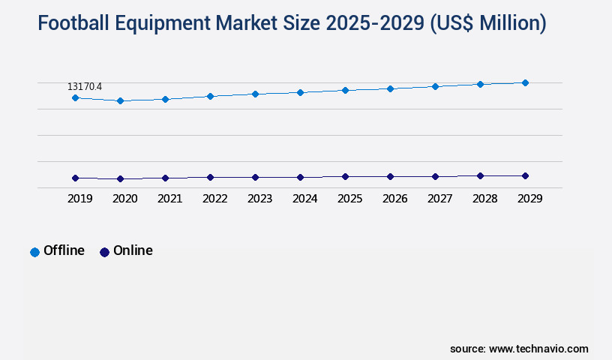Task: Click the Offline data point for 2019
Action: coord(75,97)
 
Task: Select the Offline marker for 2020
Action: coord(120,100)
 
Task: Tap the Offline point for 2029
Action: coord(525,82)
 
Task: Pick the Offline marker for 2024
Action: coord(300,92)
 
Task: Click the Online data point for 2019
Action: coord(75,178)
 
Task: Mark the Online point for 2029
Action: coord(525,175)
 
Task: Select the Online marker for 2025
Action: coord(345,176)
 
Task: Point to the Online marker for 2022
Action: coord(210,177)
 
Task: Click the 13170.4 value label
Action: coord(85,87)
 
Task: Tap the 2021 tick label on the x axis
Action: coord(169,199)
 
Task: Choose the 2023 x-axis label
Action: coord(259,199)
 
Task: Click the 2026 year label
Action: coord(394,199)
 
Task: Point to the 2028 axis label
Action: coord(484,199)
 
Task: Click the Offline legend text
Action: coord(64,250)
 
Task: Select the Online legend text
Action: coord(133,250)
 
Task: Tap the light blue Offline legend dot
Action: coord(34,252)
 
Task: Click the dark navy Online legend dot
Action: coord(104,252)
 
